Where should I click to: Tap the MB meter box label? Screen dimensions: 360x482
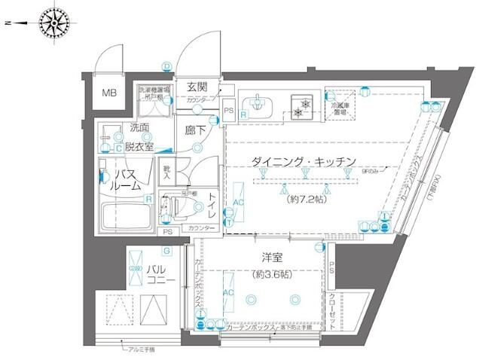[110, 94]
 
